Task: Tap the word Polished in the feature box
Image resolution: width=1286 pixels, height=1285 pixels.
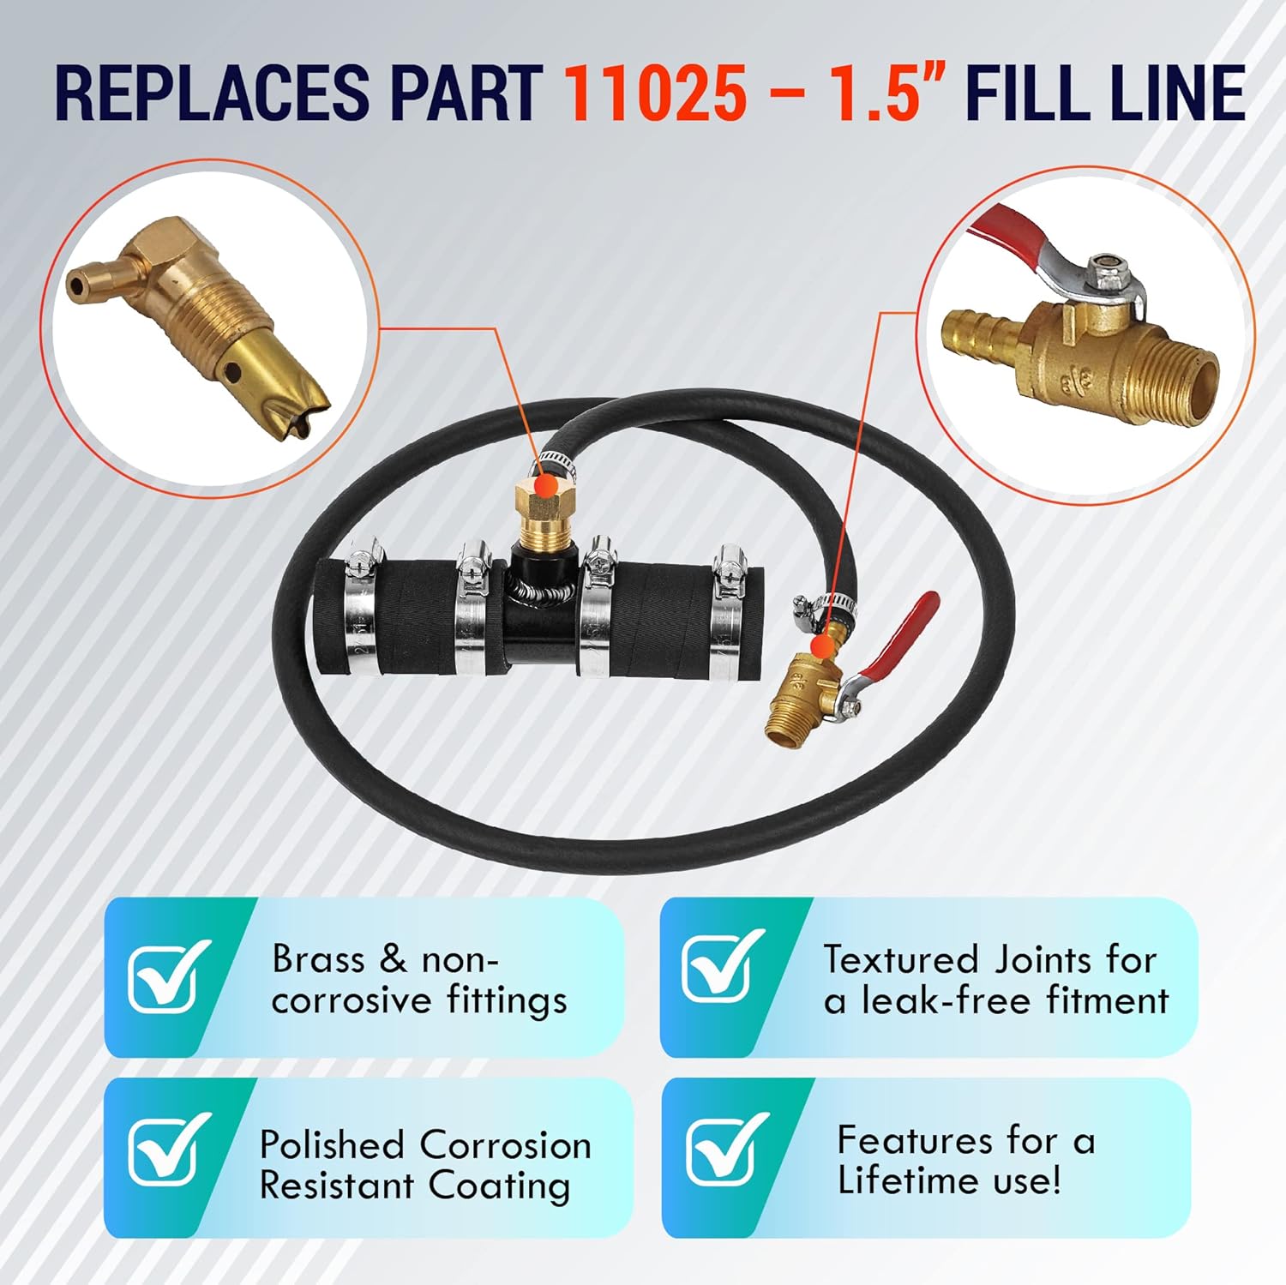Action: click(331, 1145)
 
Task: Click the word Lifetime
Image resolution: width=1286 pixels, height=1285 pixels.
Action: click(909, 1180)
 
